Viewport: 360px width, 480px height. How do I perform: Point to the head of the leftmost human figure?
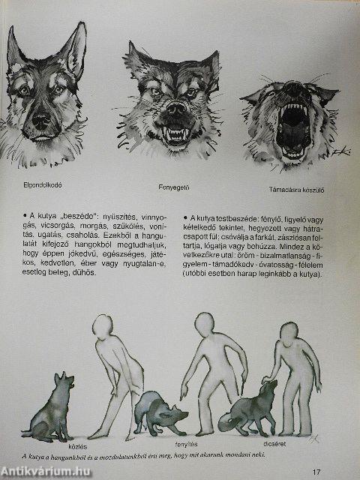pyautogui.click(x=105, y=331)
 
